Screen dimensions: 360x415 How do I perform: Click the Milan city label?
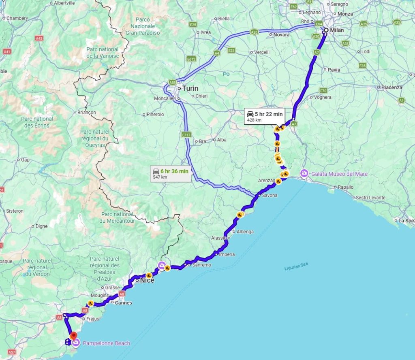337,30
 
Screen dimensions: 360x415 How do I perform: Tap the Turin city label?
190,88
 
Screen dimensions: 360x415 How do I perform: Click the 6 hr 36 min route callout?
170,173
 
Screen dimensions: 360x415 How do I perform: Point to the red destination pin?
73,336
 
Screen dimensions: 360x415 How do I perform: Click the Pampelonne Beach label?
107,343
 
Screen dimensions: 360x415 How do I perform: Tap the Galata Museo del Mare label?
339,174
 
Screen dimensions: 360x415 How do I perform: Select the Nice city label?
147,280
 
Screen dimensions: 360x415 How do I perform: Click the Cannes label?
124,302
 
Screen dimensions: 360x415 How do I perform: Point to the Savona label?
270,196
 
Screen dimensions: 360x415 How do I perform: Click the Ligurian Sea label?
296,266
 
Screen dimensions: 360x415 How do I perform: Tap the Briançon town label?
86,113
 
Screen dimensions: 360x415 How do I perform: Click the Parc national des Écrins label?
37,122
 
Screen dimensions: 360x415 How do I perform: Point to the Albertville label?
64,3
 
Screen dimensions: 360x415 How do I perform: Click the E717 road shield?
186,134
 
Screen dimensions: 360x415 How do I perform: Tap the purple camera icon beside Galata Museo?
304,174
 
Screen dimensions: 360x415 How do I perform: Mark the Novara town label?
281,35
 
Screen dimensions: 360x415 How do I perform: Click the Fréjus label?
93,319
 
